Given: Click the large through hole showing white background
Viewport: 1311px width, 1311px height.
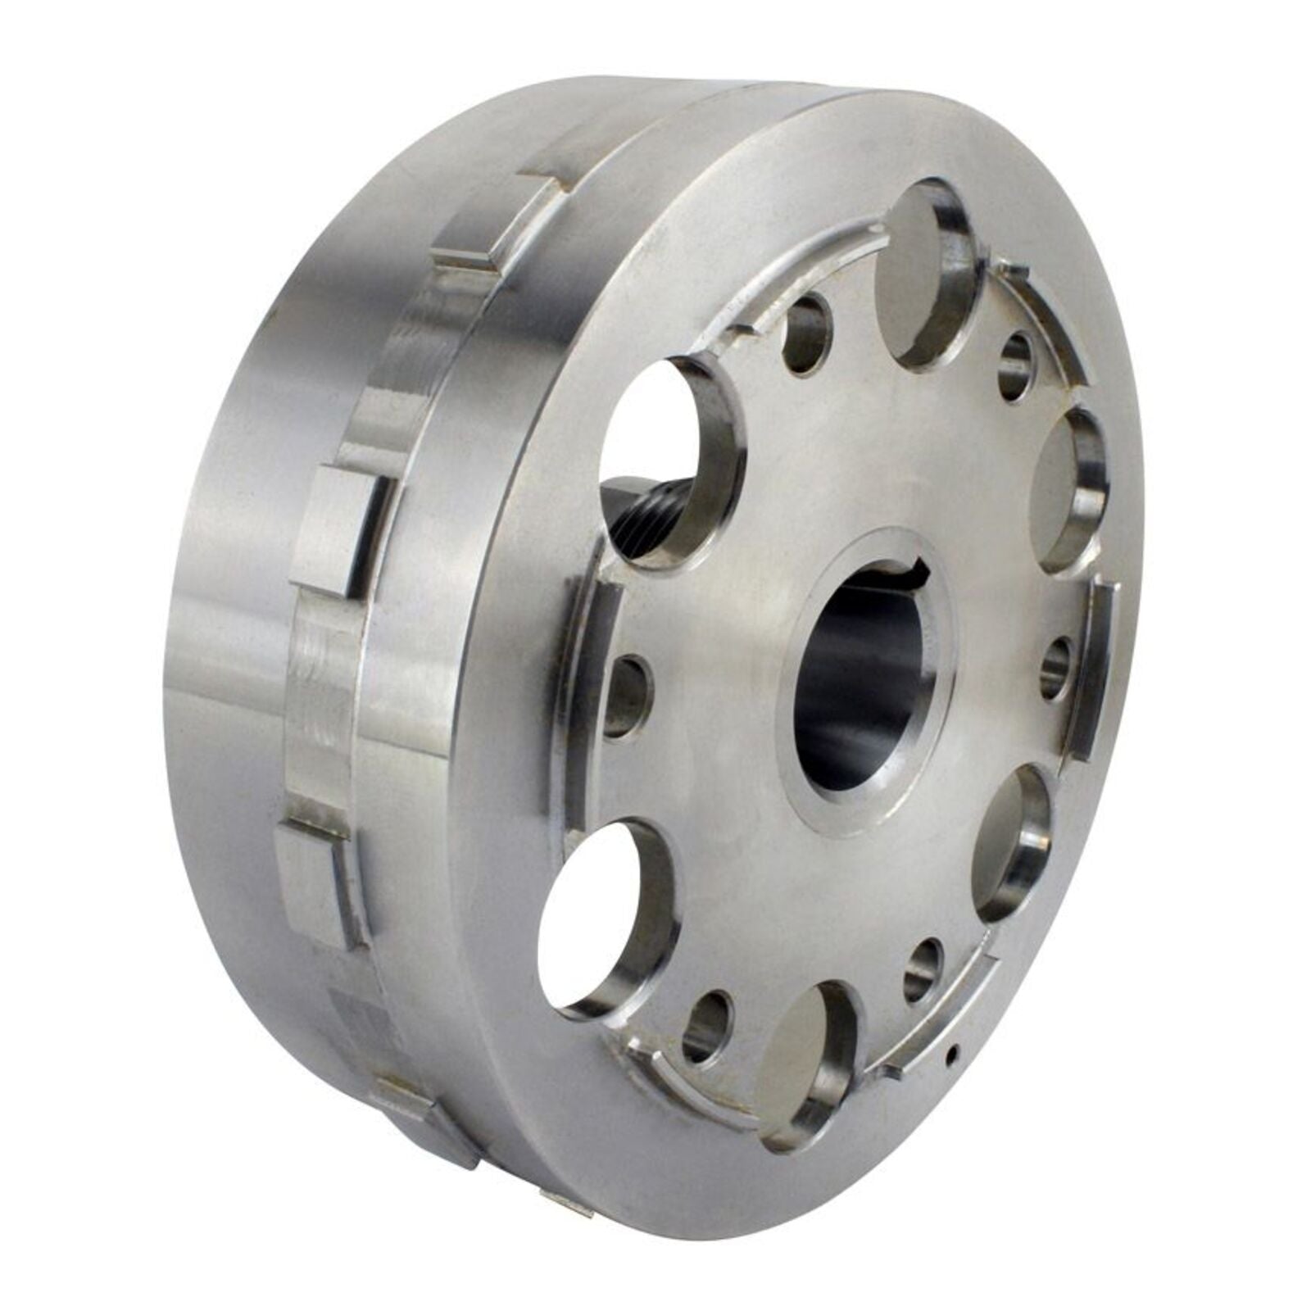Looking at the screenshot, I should pos(606,918).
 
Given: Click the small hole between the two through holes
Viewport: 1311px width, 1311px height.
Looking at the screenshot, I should pos(629,695).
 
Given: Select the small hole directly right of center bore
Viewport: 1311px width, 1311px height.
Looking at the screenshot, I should pos(1057,668).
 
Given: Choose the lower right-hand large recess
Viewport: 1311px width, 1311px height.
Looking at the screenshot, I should pos(1012,844).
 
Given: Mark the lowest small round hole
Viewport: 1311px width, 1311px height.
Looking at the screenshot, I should pos(706,1026).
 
